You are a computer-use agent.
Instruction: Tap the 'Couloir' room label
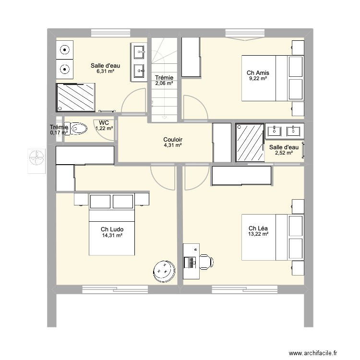[172, 140]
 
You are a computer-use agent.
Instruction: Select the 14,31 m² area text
[112, 235]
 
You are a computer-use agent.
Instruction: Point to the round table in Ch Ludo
[164, 272]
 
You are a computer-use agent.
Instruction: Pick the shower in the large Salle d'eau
[76, 98]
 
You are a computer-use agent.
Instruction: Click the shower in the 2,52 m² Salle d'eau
[250, 143]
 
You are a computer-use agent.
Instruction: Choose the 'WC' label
[104, 122]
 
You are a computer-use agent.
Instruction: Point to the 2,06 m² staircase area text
[164, 83]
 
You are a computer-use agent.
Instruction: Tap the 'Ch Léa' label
[258, 228]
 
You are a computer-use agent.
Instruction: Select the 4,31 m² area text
[172, 145]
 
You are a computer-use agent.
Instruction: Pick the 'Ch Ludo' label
[112, 229]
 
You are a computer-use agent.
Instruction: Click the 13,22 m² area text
[258, 234]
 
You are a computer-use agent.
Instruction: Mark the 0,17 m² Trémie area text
[59, 133]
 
